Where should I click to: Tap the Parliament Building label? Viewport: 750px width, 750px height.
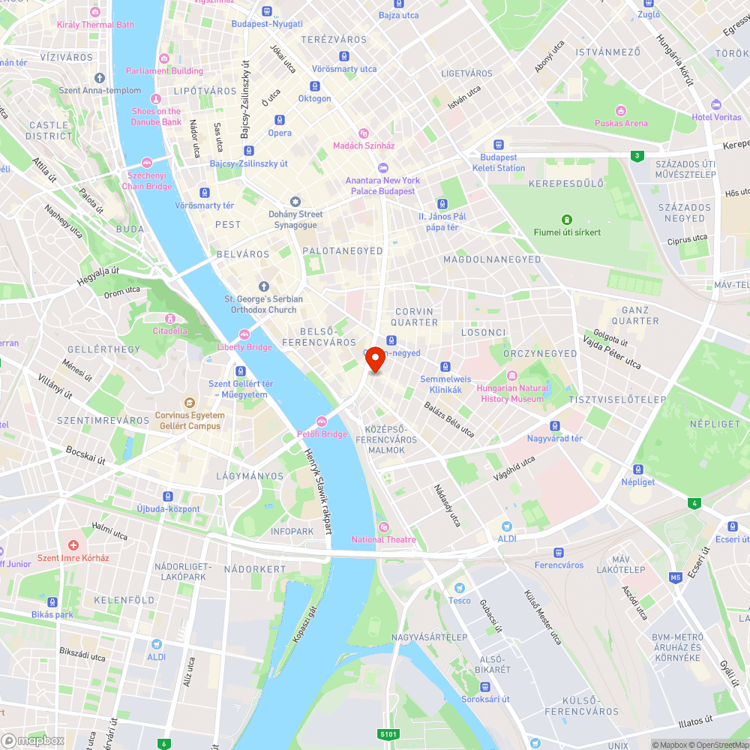click(164, 71)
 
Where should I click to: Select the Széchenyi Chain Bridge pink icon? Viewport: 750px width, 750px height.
click(147, 162)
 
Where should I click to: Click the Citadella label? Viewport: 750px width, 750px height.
click(170, 331)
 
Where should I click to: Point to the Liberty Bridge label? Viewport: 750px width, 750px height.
click(244, 347)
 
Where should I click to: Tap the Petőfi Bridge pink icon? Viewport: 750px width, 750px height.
click(322, 421)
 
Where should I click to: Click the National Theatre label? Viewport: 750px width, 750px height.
click(384, 539)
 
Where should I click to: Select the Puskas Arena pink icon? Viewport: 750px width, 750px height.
click(620, 110)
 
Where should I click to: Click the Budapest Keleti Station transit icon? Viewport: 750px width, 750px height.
click(499, 145)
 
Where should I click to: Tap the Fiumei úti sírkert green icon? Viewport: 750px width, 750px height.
click(567, 219)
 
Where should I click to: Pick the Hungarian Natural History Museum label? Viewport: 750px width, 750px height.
click(512, 394)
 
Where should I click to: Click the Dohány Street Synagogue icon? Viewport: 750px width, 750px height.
click(295, 201)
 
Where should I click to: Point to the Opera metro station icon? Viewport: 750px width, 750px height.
click(280, 120)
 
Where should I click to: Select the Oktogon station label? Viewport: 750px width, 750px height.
click(314, 99)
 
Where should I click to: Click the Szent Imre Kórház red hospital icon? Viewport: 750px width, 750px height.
click(73, 544)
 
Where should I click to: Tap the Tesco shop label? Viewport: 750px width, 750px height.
click(460, 600)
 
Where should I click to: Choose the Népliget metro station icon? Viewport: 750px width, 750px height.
click(637, 469)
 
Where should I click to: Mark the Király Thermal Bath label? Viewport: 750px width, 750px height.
click(95, 25)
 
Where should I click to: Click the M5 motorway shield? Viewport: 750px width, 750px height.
click(676, 577)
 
